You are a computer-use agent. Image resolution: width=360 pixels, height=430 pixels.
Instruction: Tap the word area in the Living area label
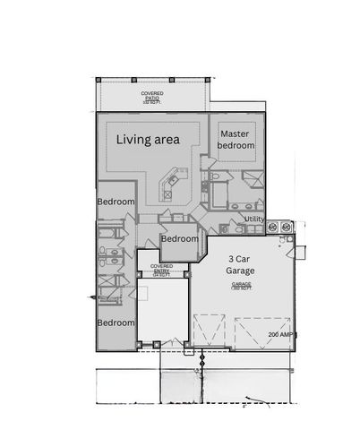coord(167,139)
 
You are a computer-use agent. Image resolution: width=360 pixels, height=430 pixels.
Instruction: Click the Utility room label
coord(253,218)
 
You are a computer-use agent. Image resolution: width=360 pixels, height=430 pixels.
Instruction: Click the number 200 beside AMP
coord(273,333)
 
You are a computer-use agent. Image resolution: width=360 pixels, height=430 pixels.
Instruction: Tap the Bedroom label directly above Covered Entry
coord(179,239)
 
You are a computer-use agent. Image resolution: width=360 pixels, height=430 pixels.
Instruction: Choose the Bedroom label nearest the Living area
coord(116,202)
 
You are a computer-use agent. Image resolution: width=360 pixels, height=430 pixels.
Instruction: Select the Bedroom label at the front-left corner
coord(116,322)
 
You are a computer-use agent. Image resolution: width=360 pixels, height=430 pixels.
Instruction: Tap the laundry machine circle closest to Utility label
coord(273,228)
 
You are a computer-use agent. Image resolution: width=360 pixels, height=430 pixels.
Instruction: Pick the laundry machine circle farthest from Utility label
coord(287,228)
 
